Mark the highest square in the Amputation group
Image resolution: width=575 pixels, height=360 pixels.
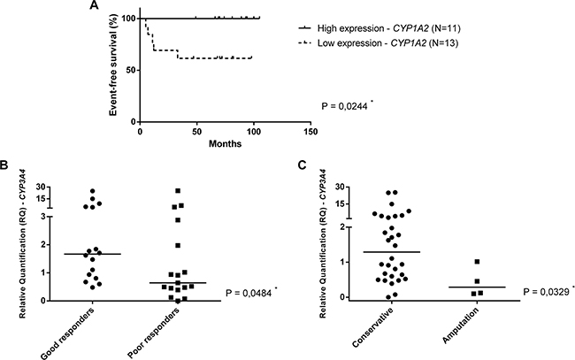tap(477, 262)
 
